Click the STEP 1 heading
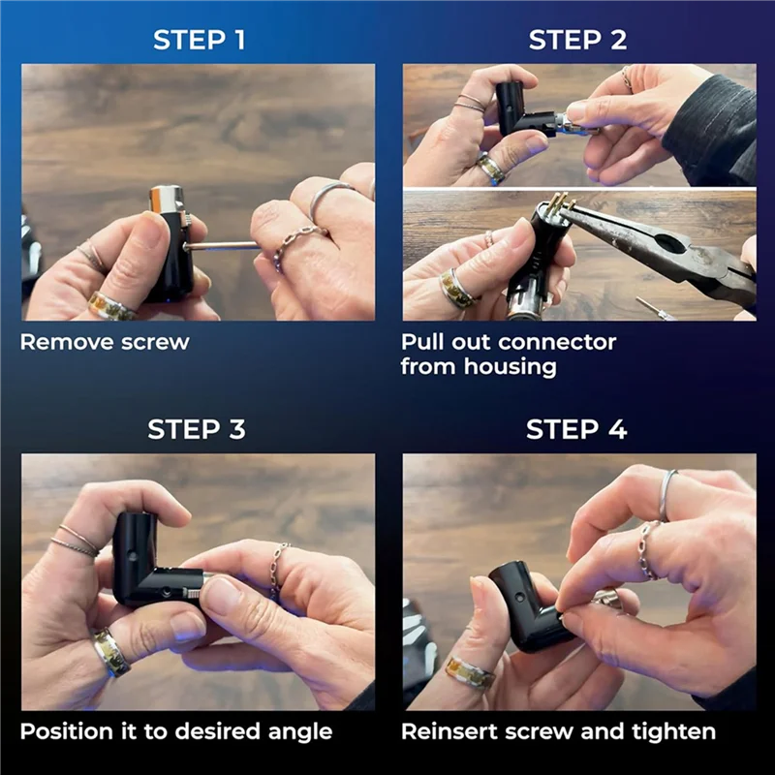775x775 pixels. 200,40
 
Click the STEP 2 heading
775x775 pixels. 577,40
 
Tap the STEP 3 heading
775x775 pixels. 197,429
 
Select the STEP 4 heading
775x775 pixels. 576,429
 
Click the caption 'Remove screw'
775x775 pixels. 105,342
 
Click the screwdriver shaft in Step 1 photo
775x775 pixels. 223,245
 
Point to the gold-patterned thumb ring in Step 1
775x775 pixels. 112,306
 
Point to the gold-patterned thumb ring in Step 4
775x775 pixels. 471,672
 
